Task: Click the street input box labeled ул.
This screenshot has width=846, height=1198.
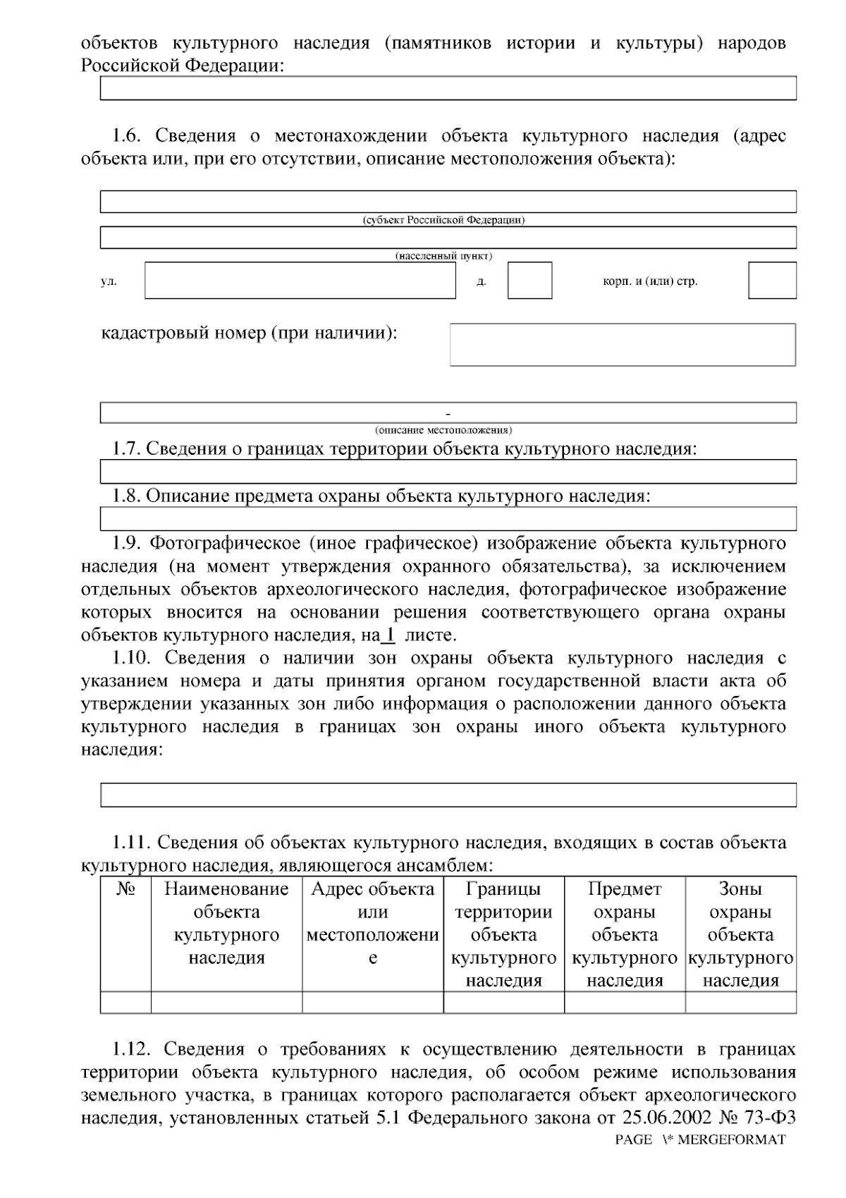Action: coord(300,281)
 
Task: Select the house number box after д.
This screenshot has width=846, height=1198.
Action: coord(529,281)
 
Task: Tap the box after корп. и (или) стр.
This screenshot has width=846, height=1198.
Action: coord(772,281)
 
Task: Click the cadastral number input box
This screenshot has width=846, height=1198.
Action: coord(623,345)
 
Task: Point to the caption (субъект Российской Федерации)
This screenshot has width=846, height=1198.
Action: coord(443,220)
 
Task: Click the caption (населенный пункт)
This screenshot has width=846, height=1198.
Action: coord(443,256)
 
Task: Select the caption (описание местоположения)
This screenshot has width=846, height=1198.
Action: coord(443,429)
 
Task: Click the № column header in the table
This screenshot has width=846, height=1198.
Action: coord(125,889)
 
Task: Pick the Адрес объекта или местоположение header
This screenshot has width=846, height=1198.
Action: coord(373,923)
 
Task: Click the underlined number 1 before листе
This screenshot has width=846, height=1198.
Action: coord(388,635)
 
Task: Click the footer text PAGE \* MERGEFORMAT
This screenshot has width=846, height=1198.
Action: coord(699,1140)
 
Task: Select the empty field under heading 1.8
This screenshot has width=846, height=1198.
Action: coord(448,519)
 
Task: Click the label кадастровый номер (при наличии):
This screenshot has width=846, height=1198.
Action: coord(250,333)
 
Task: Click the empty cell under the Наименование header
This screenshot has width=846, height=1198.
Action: coord(226,1002)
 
